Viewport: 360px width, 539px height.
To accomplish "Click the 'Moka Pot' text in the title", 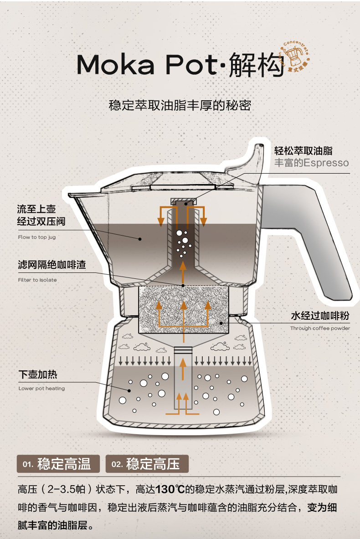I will coord(145,65).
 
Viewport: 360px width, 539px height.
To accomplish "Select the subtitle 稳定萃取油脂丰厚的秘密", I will coord(180,105).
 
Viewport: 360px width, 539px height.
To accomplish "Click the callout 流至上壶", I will coord(36,209).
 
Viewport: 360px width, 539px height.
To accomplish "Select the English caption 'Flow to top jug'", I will coord(37,237).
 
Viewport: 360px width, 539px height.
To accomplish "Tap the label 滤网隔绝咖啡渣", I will coord(51,265).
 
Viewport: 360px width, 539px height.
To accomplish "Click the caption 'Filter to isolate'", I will coord(37,280).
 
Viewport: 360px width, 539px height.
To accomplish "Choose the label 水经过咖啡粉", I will coord(320,316).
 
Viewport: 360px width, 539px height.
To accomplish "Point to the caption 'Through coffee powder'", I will coord(320,328).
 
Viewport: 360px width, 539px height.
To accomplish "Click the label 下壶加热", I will coord(38,375).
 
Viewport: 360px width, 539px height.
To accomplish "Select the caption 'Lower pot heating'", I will coord(41,389).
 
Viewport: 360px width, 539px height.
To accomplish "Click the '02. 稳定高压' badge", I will coord(147,464).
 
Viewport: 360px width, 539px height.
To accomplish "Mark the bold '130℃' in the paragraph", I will coord(170,490).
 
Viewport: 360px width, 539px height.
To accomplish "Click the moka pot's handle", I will coord(314,241).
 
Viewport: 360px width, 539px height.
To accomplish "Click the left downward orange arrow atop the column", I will coord(161,216).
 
